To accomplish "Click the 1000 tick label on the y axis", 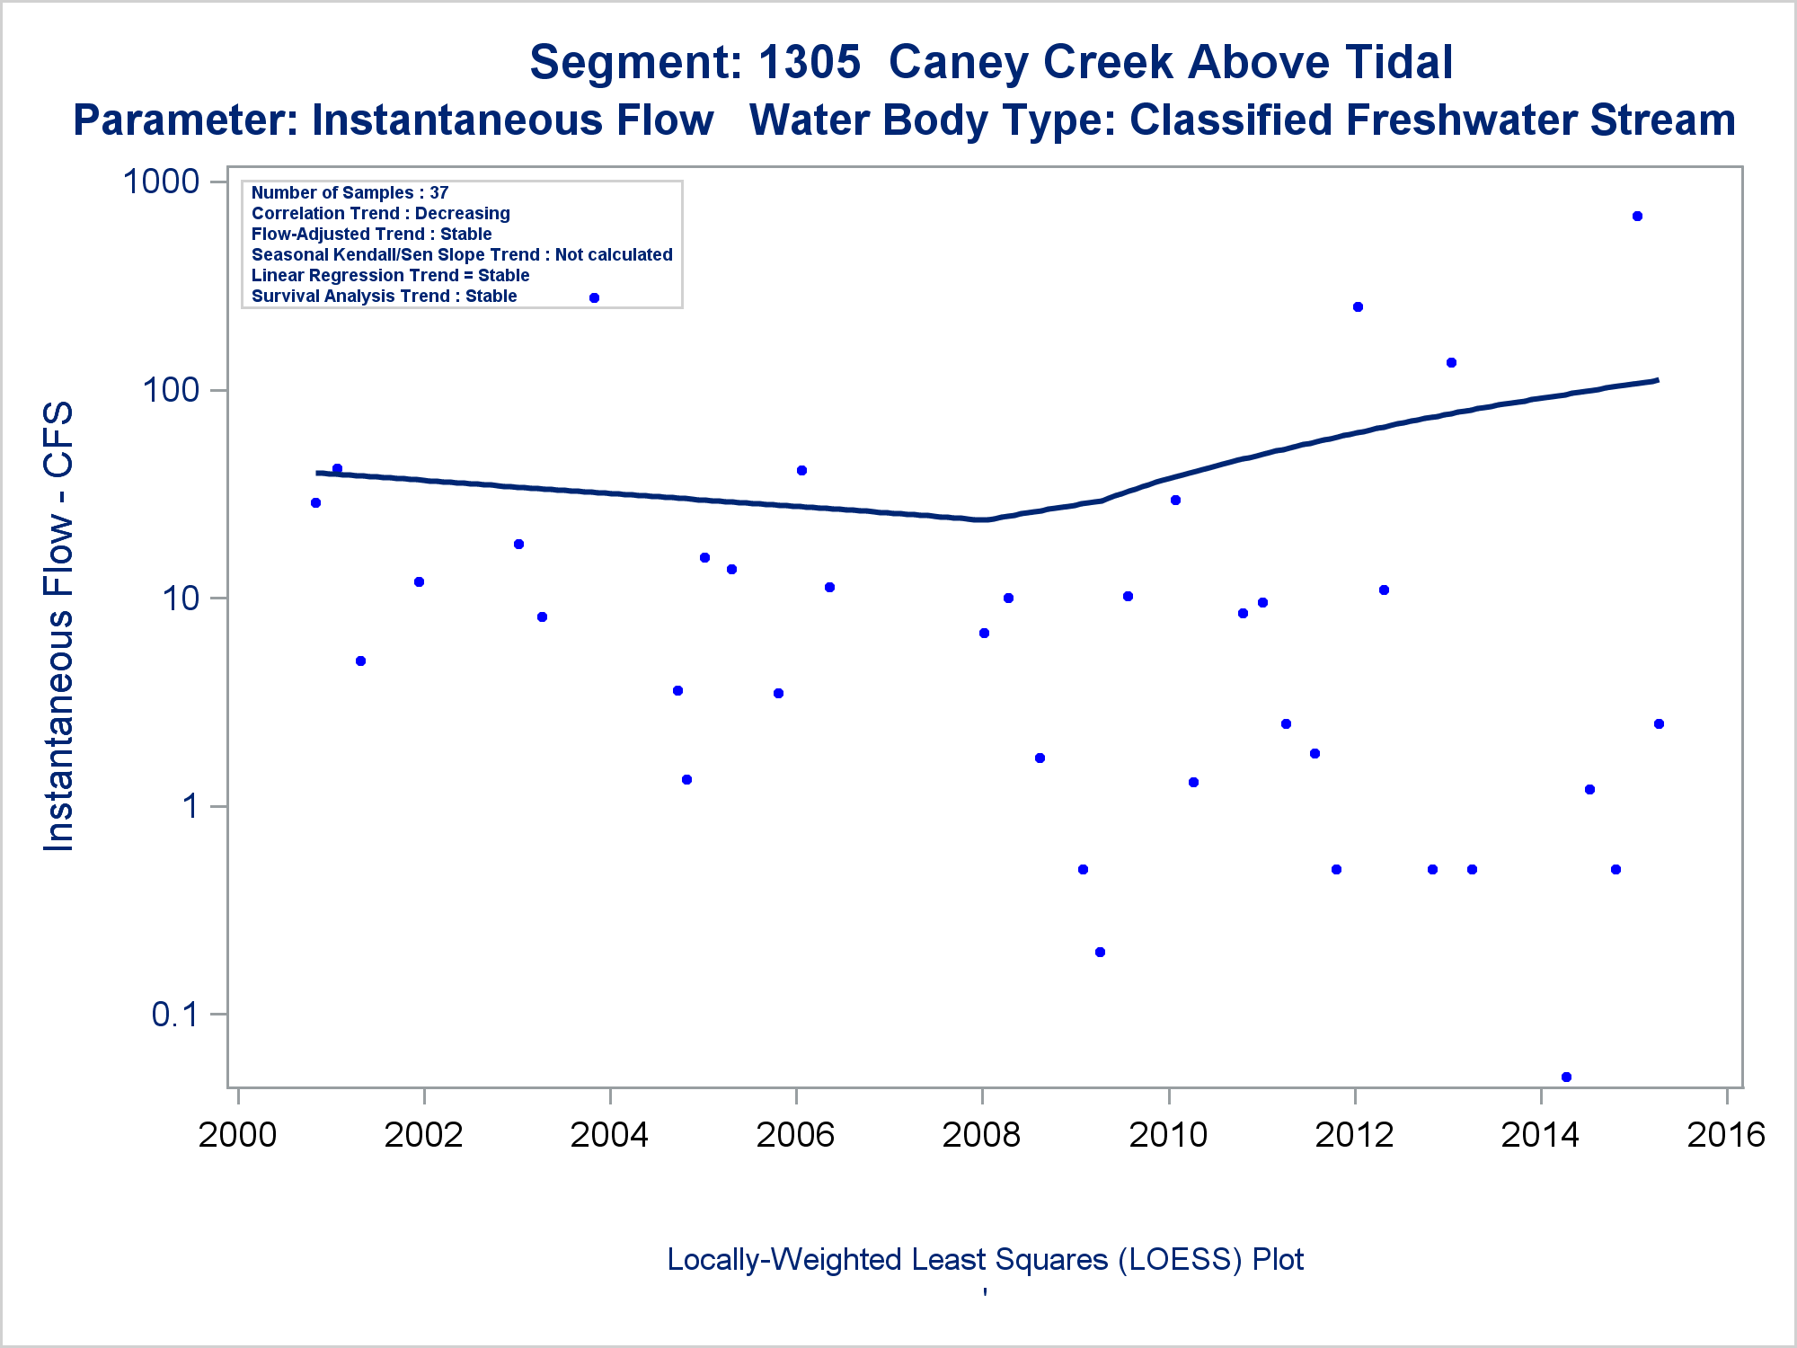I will coord(161,182).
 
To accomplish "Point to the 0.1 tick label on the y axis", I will coord(174,1015).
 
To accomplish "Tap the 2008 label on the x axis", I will coord(981,1135).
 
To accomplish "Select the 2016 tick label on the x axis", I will coord(1726,1135).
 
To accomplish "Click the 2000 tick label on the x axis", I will coord(237,1135).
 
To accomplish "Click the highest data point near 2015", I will coord(1637,217).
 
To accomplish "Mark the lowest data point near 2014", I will coord(1566,1077).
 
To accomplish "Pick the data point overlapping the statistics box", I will coord(594,298).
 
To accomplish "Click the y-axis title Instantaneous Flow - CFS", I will coord(59,626).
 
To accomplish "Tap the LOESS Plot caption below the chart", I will coord(985,1260).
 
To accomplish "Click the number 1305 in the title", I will coord(809,63).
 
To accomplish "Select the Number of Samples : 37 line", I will coord(350,192).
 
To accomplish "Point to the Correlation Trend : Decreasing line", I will coord(380,213).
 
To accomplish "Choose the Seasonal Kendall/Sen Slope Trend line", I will coord(462,254).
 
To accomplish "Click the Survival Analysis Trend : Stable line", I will coord(384,296).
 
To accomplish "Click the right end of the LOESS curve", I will coord(1657,380).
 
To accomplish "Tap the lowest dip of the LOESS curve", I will coord(985,519).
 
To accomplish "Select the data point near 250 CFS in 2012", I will coord(1358,307).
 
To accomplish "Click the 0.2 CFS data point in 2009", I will coord(1100,952).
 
